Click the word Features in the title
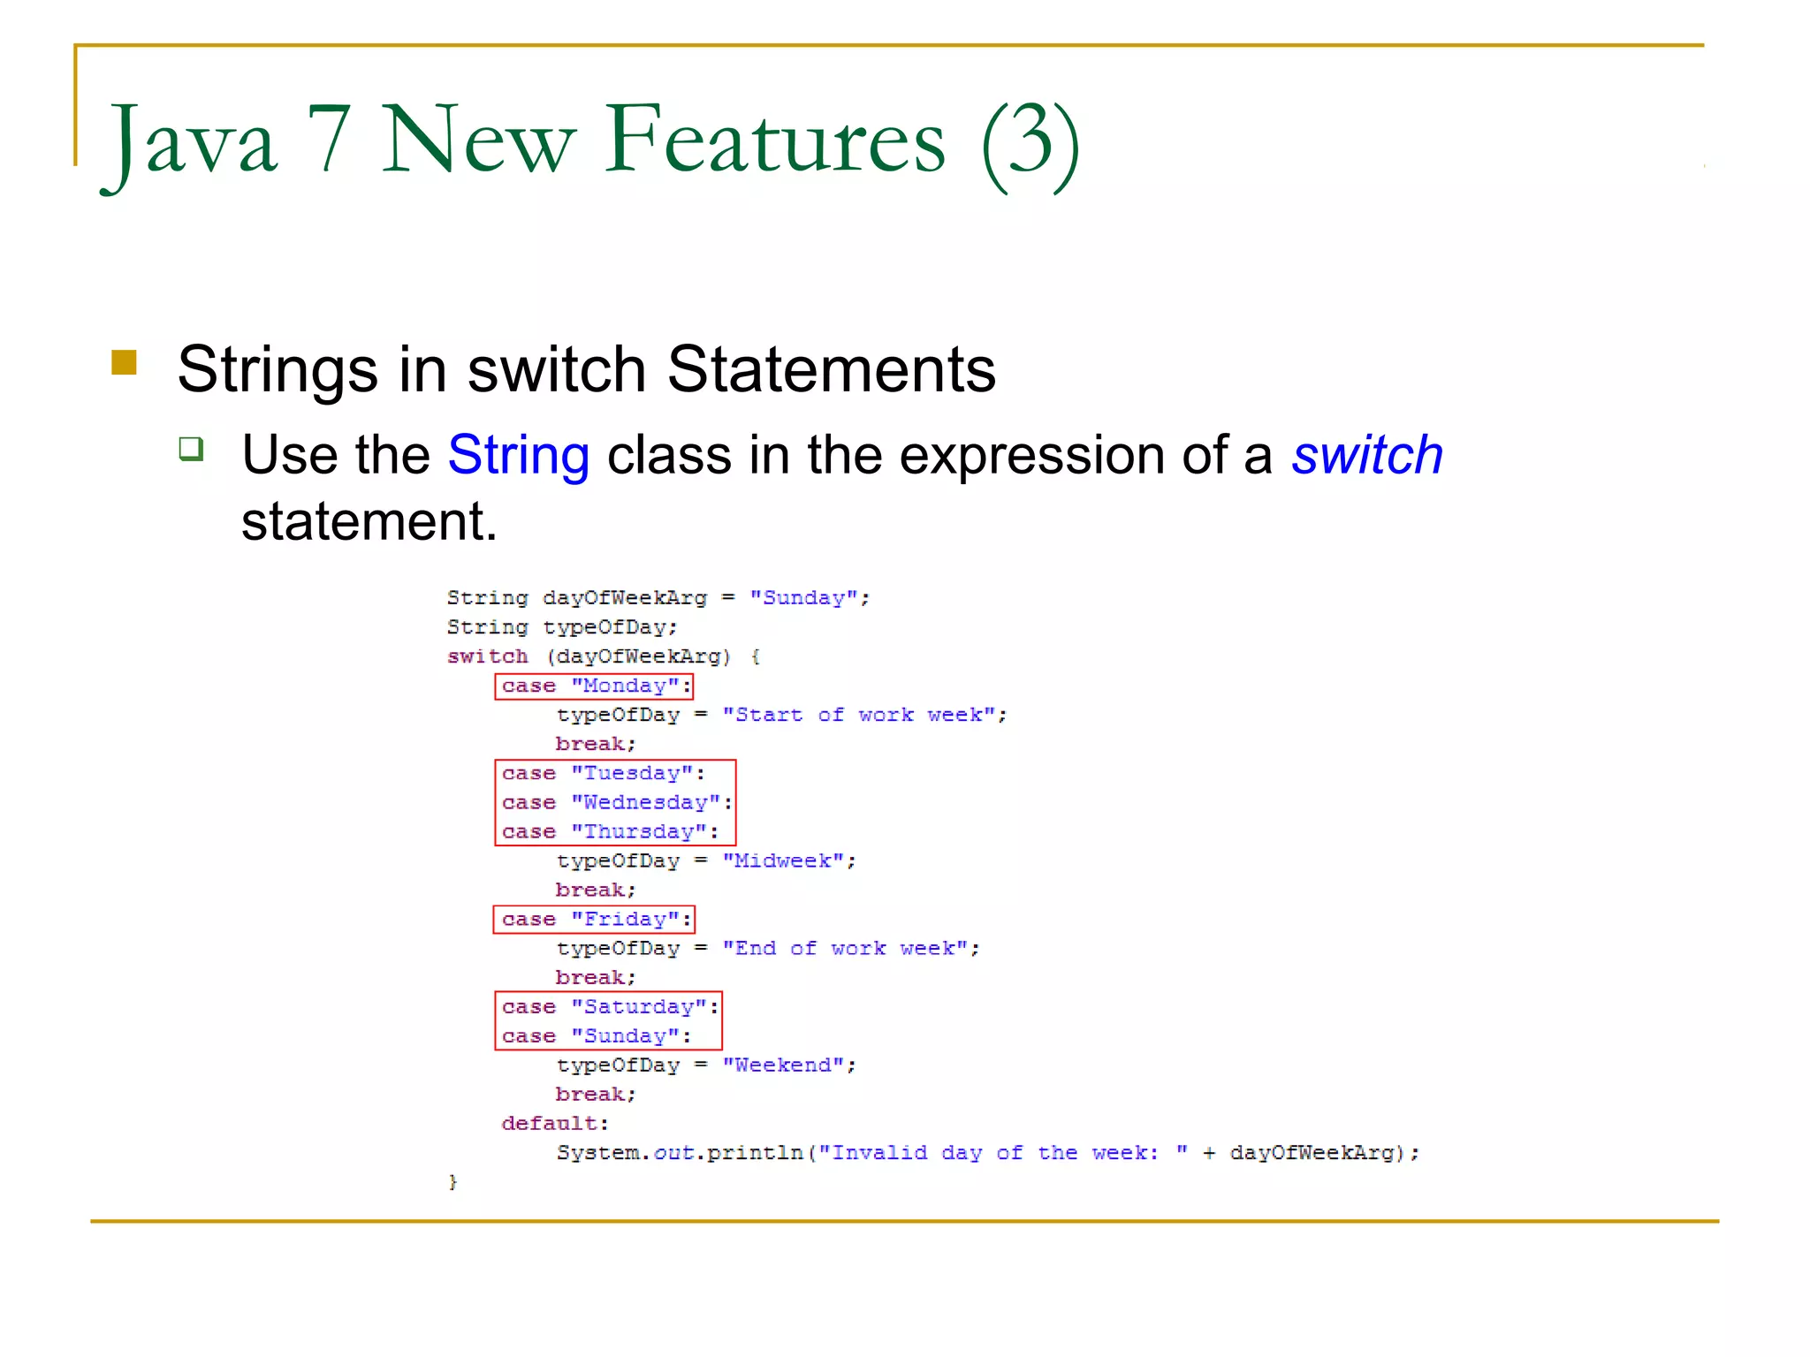tap(775, 140)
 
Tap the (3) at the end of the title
tap(1030, 143)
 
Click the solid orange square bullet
tap(125, 363)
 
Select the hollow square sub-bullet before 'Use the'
tap(191, 449)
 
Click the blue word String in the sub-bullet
tap(518, 456)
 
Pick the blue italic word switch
tap(1366, 456)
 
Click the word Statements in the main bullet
tap(831, 369)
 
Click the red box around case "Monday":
tap(594, 686)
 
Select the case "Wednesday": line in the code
tap(617, 803)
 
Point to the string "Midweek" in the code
tap(783, 861)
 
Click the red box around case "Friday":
tap(594, 920)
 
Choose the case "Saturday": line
tap(610, 1007)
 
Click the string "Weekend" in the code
tap(783, 1065)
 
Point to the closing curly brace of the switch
tap(452, 1182)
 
